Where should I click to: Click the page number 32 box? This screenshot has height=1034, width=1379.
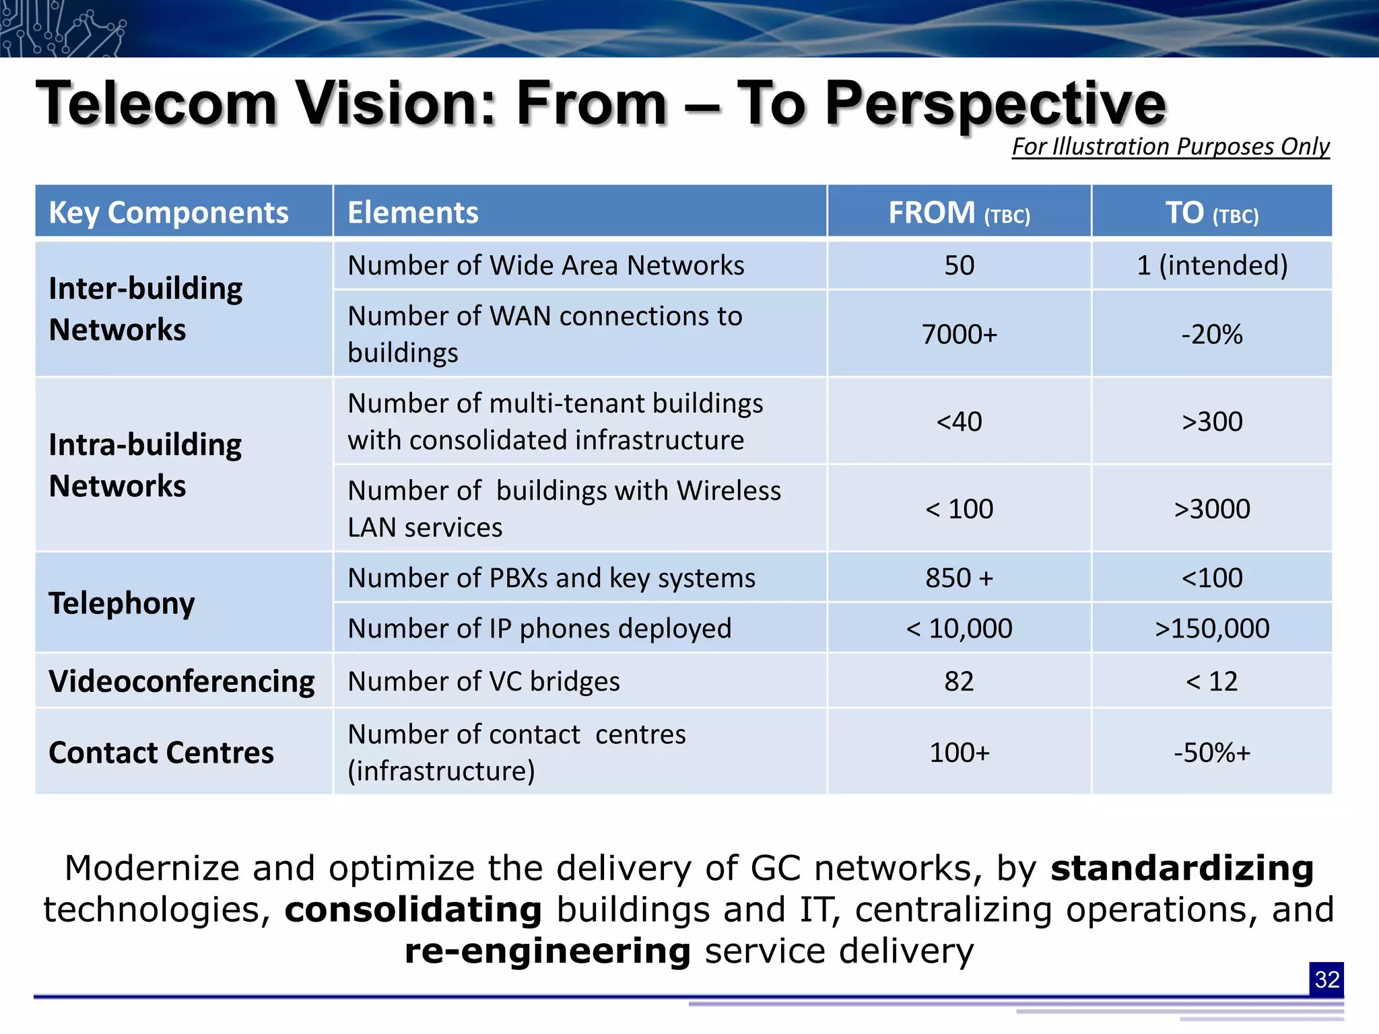pyautogui.click(x=1326, y=979)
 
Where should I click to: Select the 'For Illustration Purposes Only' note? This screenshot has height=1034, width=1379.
pyautogui.click(x=1170, y=147)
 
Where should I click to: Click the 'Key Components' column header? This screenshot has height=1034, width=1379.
pyautogui.click(x=168, y=213)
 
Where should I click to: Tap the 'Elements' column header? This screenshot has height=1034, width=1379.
pyautogui.click(x=413, y=213)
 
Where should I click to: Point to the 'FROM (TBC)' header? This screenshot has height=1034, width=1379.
pyautogui.click(x=959, y=213)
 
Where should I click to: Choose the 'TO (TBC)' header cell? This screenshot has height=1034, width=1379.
pyautogui.click(x=1211, y=213)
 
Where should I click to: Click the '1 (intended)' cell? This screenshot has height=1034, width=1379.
pyautogui.click(x=1211, y=265)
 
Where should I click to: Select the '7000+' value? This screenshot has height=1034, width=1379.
pyautogui.click(x=959, y=335)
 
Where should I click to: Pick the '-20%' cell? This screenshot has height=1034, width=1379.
pyautogui.click(x=1211, y=335)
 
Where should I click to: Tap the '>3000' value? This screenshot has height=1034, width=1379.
pyautogui.click(x=1211, y=509)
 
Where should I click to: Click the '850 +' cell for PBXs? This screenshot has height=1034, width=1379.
pyautogui.click(x=959, y=578)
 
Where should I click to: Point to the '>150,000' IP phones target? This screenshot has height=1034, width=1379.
pyautogui.click(x=1211, y=628)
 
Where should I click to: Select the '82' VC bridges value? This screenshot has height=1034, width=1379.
pyautogui.click(x=959, y=681)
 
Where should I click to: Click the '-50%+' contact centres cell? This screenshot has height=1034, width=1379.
pyautogui.click(x=1211, y=752)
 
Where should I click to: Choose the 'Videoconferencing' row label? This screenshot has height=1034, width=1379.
pyautogui.click(x=182, y=681)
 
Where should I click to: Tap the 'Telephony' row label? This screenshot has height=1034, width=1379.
pyautogui.click(x=122, y=603)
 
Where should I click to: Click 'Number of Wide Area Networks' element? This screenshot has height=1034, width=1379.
pyautogui.click(x=545, y=265)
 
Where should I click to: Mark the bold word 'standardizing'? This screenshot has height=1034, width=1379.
pyautogui.click(x=1182, y=868)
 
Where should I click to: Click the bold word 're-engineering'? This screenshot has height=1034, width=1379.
pyautogui.click(x=547, y=951)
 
